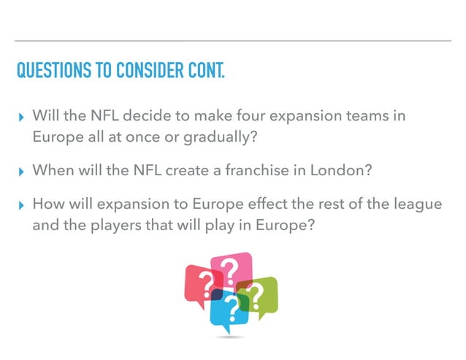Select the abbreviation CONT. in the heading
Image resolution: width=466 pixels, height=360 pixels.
(x=204, y=72)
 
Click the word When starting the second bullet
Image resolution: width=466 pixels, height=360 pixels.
(x=53, y=170)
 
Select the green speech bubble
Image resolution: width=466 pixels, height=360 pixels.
(x=260, y=296)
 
